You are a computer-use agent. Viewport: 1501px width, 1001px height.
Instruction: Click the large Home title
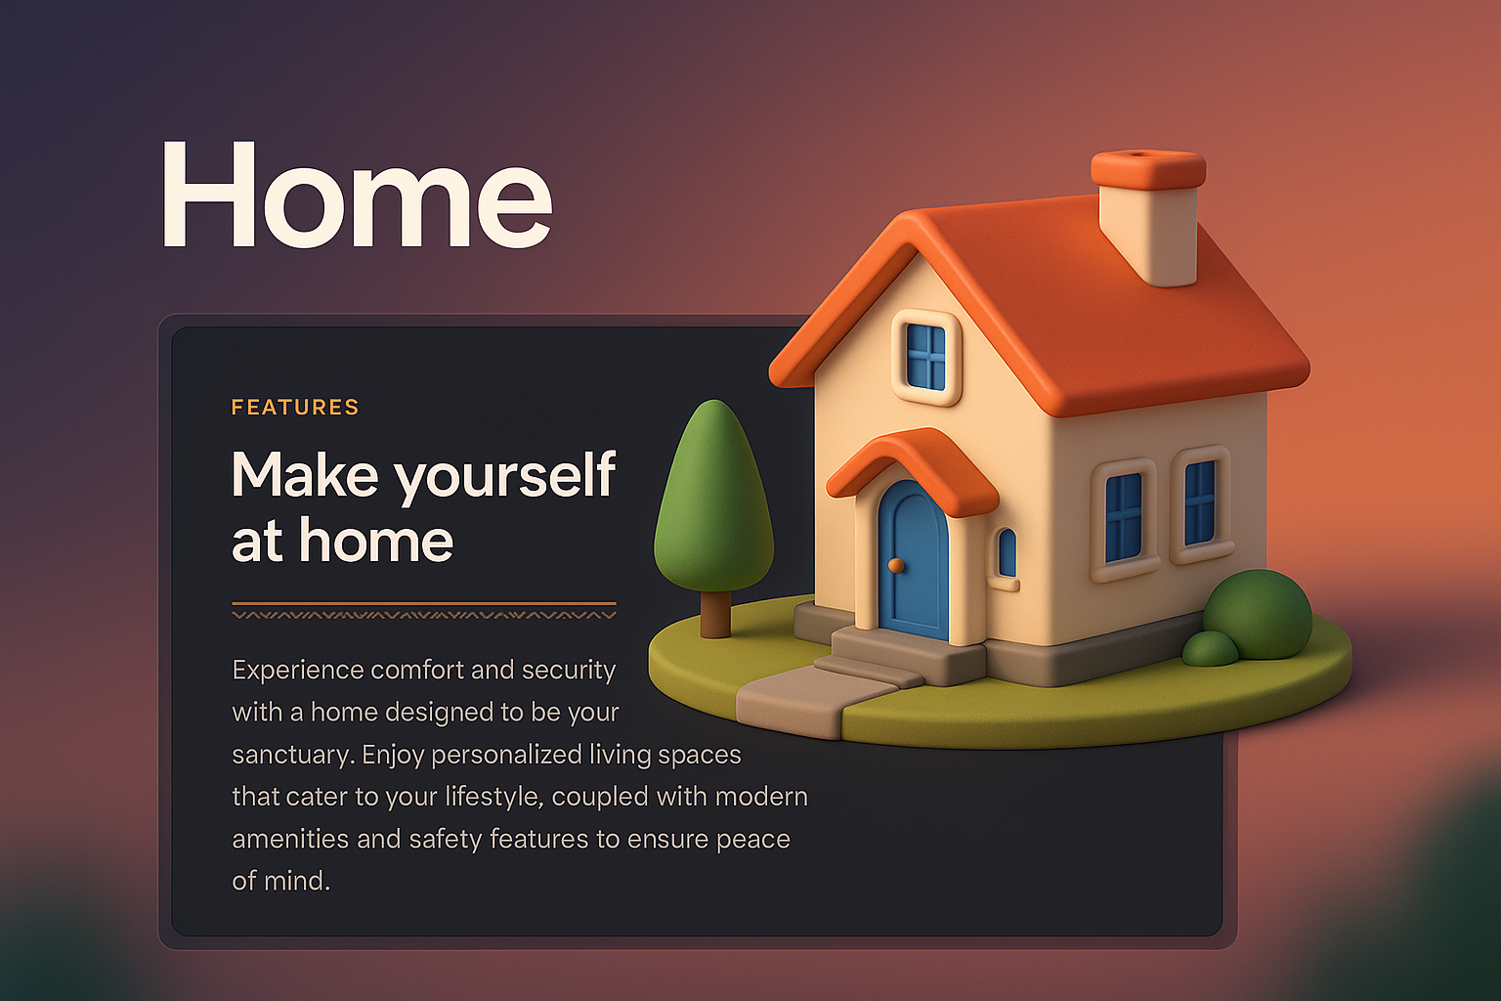tap(357, 196)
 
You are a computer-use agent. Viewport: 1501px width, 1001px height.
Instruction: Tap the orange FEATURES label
tap(295, 407)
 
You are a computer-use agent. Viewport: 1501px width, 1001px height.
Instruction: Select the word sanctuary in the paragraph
tap(292, 755)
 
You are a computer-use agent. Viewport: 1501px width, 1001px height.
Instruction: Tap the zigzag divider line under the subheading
tap(424, 615)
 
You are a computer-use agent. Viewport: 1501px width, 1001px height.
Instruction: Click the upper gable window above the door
tap(925, 357)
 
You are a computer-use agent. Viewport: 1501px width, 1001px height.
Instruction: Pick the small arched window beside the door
tap(1007, 553)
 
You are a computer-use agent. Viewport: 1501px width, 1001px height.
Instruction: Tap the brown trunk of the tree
tap(715, 614)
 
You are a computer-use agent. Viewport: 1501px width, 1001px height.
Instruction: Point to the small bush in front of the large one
tap(1210, 649)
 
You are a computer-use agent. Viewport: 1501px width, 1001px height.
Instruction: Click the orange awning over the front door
tap(914, 467)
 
